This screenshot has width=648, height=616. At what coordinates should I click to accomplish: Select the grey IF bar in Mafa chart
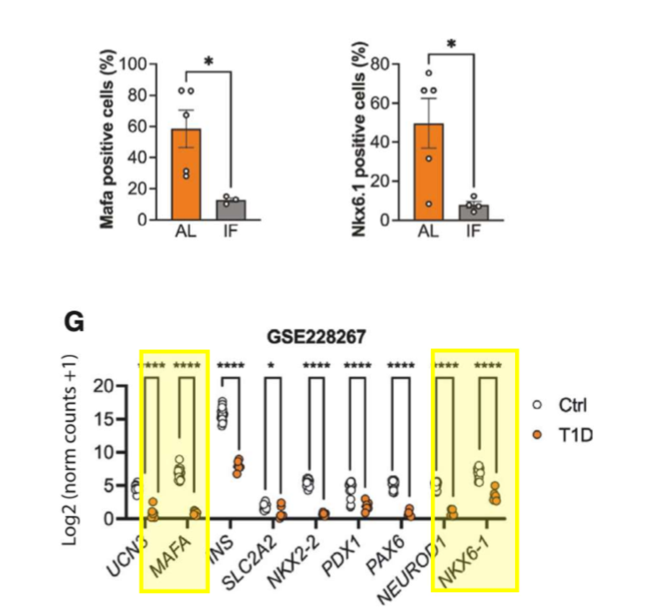pos(230,209)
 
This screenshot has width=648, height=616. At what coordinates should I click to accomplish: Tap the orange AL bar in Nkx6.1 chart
pos(429,172)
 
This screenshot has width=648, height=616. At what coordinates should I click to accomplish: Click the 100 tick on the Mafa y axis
pos(132,65)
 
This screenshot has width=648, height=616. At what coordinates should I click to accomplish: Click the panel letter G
pos(75,322)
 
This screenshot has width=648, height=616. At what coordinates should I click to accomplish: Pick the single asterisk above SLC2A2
pos(274,365)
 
